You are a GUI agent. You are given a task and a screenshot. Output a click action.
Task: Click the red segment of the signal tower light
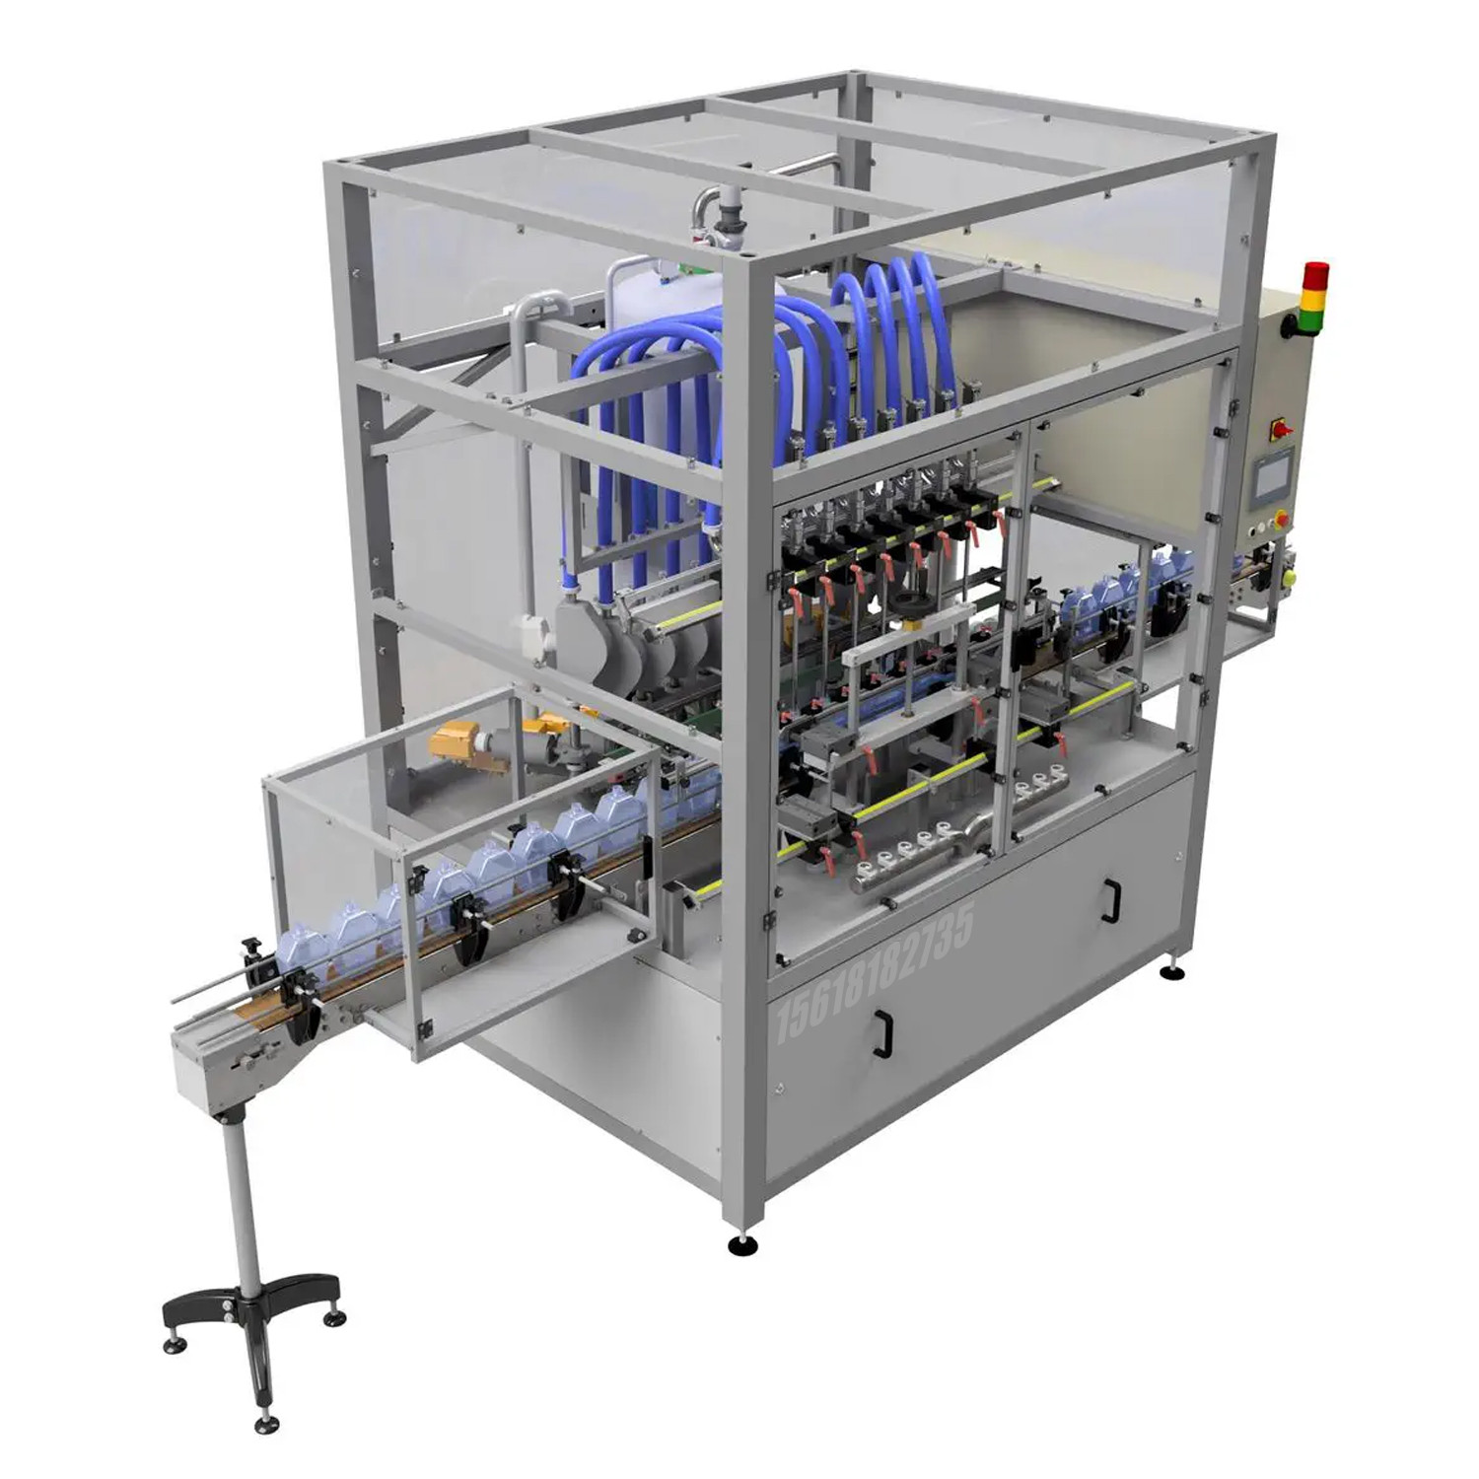click(x=1314, y=271)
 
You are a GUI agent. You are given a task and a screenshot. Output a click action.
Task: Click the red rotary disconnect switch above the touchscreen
click(x=1285, y=429)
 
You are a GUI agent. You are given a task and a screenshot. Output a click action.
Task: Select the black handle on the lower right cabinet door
click(x=1111, y=898)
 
